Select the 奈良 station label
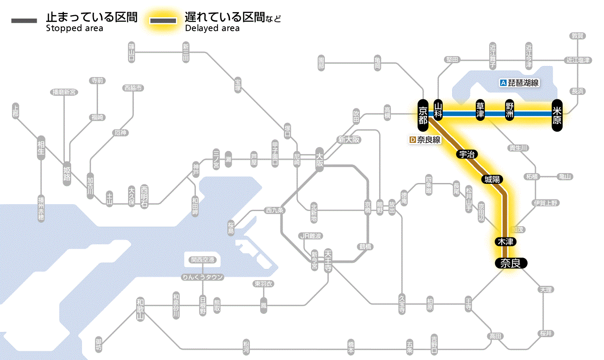coord(510,263)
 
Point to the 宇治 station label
coord(467,154)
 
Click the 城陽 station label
coord(493,179)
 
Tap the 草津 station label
coord(480,111)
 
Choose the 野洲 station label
coord(510,111)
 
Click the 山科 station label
coord(438,111)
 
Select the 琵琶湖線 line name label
coord(524,83)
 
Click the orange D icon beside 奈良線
coord(412,140)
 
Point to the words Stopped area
coord(75,28)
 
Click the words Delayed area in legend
coord(212,28)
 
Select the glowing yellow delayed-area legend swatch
coord(163,21)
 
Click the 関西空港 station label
coord(202,260)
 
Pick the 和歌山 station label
coord(141,308)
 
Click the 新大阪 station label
coord(349,139)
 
